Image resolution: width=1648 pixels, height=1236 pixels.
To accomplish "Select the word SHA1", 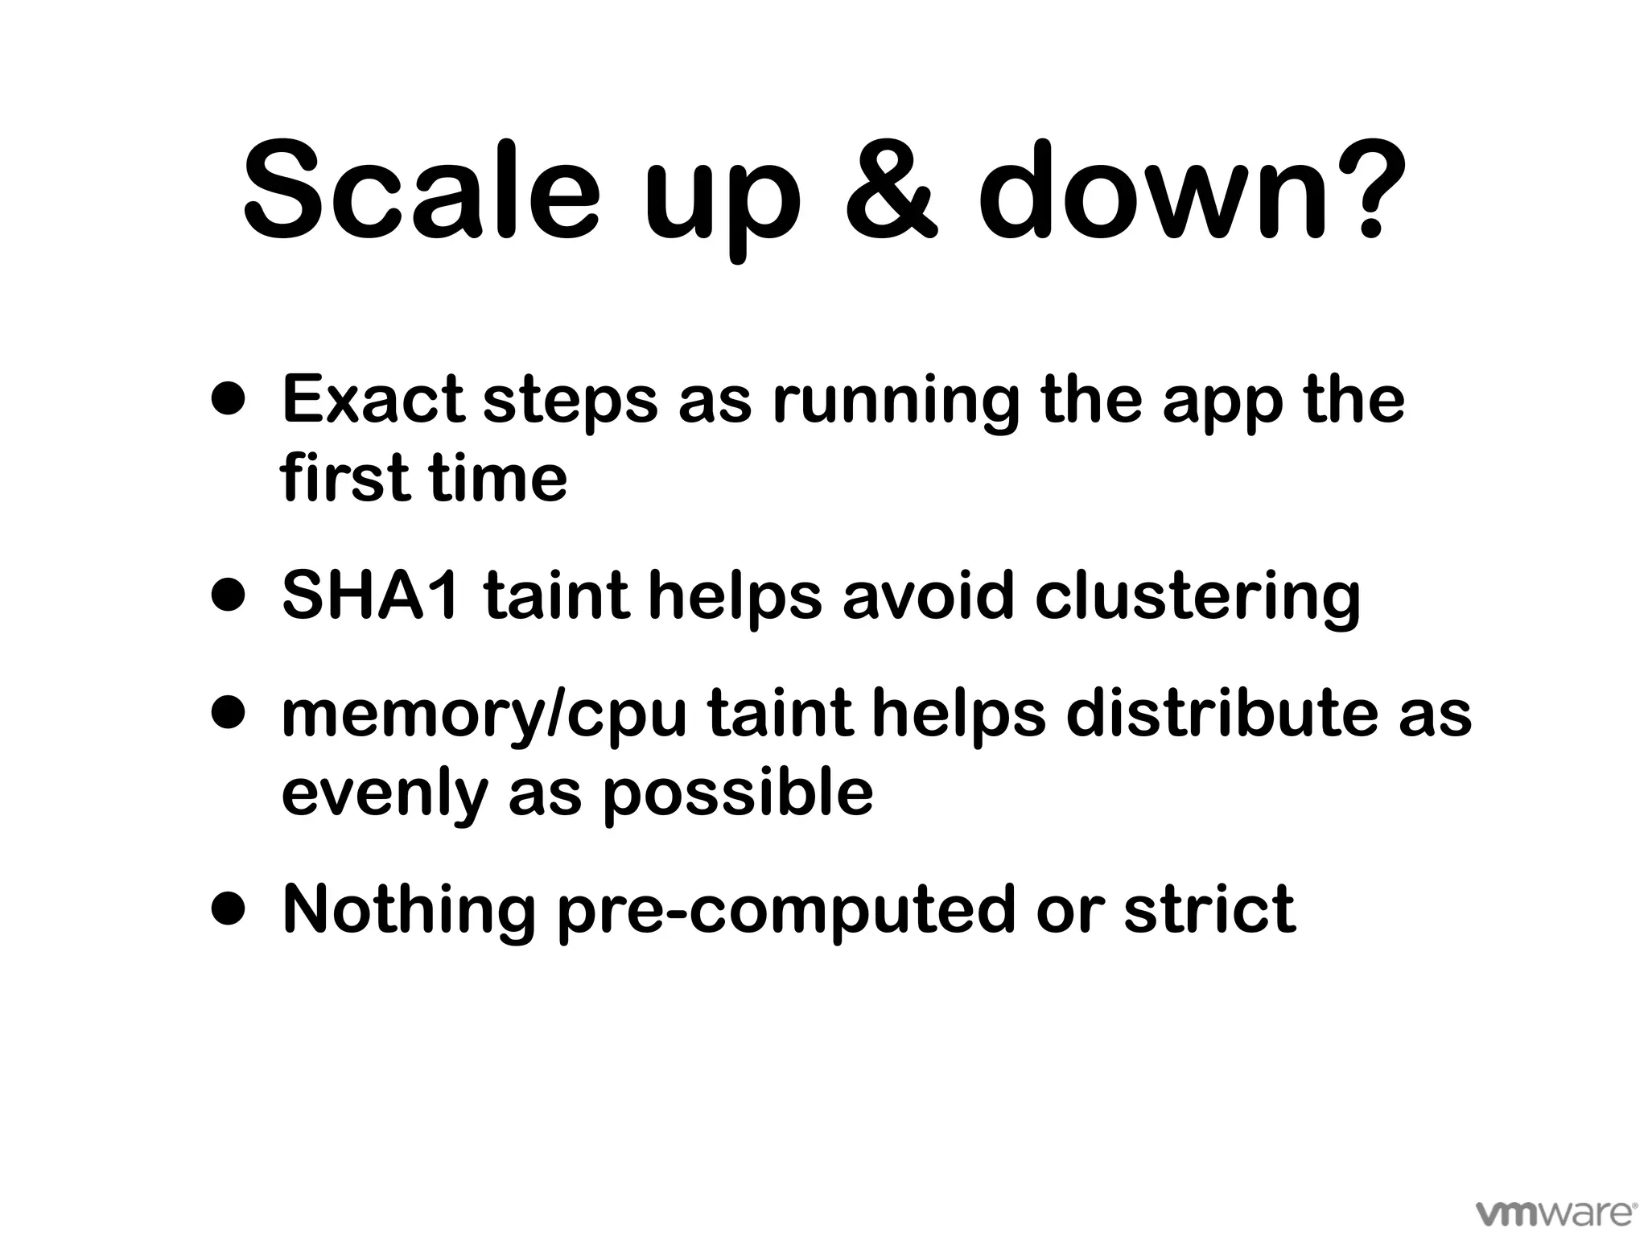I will pyautogui.click(x=371, y=596).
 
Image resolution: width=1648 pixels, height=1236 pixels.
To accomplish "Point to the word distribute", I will pyautogui.click(x=1220, y=714).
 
